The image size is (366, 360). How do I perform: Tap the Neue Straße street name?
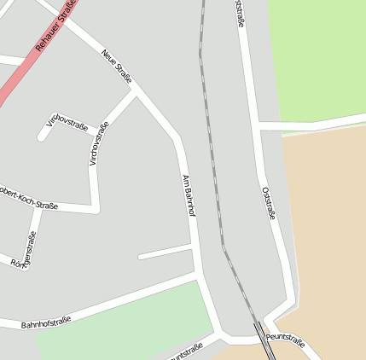pos(117,67)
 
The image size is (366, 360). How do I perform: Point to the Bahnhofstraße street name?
pos(46,323)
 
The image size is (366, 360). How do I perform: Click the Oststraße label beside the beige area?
pos(269,203)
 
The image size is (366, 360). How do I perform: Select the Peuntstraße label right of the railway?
pos(285,339)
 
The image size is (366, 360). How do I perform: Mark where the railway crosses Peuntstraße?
pos(258,334)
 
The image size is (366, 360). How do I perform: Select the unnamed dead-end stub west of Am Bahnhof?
pos(164,252)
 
